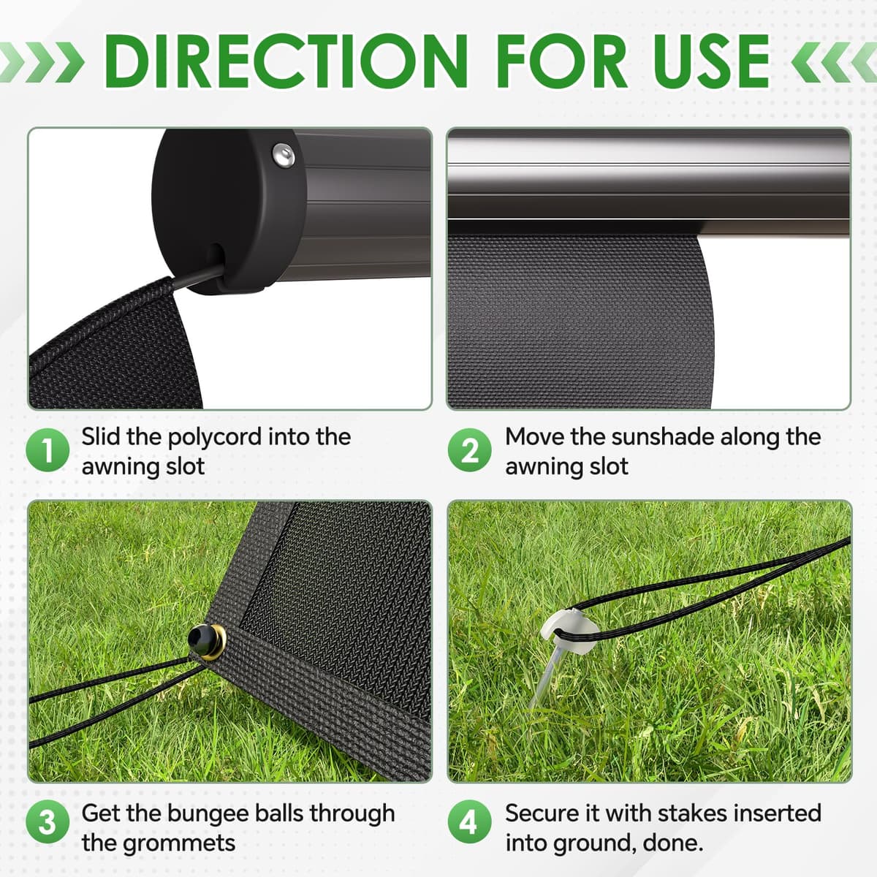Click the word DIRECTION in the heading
click(x=286, y=61)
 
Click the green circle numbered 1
click(x=48, y=449)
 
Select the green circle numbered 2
click(x=470, y=449)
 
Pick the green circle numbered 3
click(x=48, y=823)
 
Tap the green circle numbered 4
click(x=470, y=823)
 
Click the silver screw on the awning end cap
click(x=283, y=155)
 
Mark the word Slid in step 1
click(x=101, y=437)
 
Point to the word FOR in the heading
click(x=563, y=61)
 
